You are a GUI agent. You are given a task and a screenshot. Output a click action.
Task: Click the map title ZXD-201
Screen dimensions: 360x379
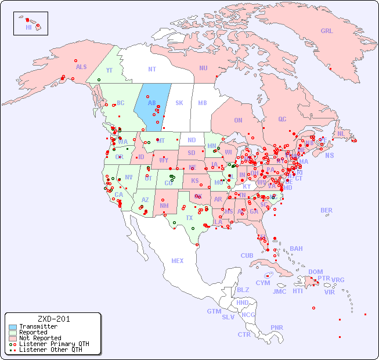(53, 319)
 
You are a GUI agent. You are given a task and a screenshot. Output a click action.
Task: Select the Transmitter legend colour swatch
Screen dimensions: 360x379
(13, 327)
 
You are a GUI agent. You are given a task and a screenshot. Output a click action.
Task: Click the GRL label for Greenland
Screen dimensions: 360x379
(327, 31)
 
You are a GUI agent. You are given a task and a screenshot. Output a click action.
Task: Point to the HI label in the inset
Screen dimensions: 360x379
(28, 27)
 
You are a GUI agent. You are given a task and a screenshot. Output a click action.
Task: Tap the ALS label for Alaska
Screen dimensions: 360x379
(81, 67)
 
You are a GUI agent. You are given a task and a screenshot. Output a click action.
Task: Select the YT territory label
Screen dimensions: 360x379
(109, 70)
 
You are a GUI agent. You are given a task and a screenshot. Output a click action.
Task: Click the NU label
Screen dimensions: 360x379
(203, 68)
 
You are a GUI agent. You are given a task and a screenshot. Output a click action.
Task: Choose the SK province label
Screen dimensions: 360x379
(179, 103)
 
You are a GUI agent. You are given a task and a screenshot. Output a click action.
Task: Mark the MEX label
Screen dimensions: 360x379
(178, 261)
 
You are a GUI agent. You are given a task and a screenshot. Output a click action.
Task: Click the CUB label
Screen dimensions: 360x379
(247, 255)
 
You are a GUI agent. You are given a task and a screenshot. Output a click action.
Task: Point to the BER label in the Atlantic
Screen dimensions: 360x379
(326, 210)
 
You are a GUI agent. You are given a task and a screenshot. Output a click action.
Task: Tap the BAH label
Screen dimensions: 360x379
(296, 249)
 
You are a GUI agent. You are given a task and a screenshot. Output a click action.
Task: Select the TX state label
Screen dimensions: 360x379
(189, 218)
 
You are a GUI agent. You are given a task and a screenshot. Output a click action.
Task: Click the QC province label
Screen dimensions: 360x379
(282, 119)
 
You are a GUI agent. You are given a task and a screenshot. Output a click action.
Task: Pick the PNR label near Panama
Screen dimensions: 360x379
(277, 327)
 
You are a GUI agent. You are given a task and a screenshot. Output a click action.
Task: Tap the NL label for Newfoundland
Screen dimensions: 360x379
(341, 133)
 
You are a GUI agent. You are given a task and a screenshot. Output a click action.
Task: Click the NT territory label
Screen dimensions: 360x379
(151, 69)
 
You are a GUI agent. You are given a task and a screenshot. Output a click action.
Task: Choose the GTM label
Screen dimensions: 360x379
(214, 311)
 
